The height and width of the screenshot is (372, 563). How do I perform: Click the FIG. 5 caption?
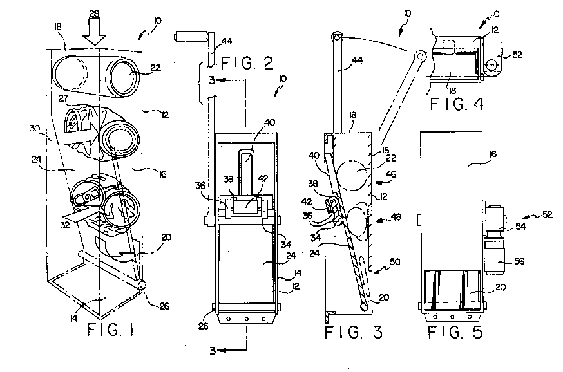[453, 333]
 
